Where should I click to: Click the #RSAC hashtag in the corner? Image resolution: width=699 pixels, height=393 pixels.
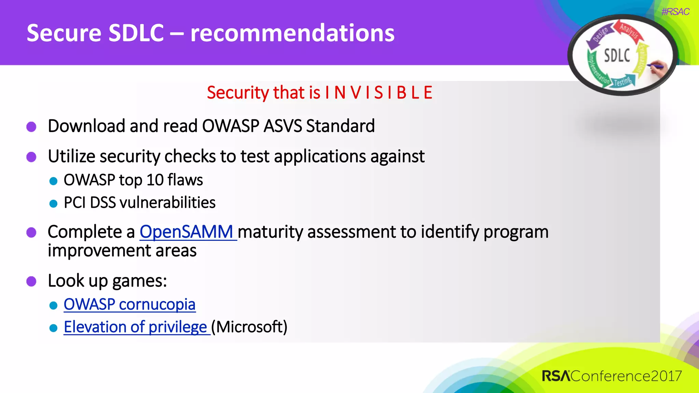click(x=675, y=12)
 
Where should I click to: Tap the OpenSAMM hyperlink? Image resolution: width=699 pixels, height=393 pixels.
click(x=186, y=232)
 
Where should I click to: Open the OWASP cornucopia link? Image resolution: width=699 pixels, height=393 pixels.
click(x=129, y=304)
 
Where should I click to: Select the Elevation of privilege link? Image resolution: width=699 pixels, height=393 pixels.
click(x=135, y=327)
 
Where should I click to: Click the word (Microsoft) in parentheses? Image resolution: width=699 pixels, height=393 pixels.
click(x=249, y=327)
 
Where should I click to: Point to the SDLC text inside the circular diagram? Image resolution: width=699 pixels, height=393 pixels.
click(x=617, y=56)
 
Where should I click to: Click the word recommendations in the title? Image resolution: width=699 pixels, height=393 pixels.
click(x=292, y=33)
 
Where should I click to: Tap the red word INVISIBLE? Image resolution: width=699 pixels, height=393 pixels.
click(x=379, y=93)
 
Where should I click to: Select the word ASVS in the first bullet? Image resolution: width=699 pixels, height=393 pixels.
click(x=283, y=126)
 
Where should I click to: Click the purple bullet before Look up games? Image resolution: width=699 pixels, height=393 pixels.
click(x=31, y=281)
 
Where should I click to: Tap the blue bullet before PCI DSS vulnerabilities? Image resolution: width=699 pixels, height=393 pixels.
click(x=53, y=204)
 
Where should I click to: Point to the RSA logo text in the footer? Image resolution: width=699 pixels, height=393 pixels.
click(x=556, y=376)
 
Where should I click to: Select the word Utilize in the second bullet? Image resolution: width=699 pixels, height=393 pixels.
click(x=71, y=157)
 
